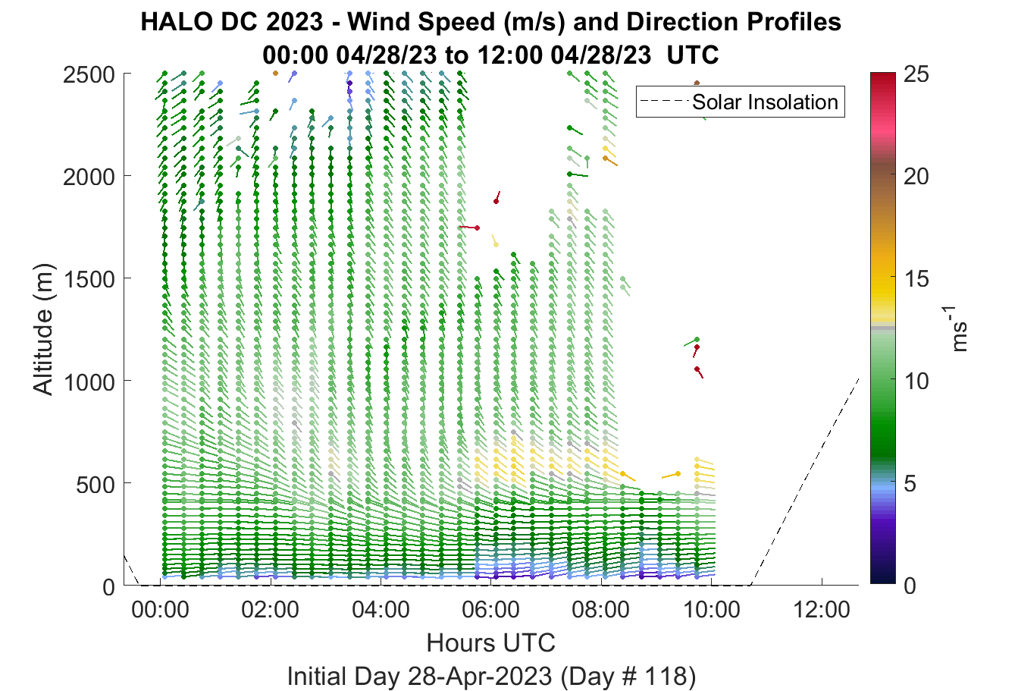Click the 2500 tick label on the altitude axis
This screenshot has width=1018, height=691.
click(x=89, y=75)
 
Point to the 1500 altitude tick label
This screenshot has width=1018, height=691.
click(x=89, y=279)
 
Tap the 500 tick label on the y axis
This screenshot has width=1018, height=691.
click(x=95, y=485)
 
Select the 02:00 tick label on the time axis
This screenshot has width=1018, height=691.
click(x=270, y=610)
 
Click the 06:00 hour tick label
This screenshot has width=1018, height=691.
click(x=491, y=610)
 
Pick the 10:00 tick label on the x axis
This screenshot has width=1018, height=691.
click(x=712, y=610)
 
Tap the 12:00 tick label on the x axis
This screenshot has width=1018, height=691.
click(x=822, y=610)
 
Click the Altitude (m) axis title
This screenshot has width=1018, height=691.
click(x=43, y=329)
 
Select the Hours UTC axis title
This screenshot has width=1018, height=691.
click(x=491, y=642)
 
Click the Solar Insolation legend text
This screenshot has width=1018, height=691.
click(x=765, y=102)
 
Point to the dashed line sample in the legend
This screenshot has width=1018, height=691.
click(x=664, y=102)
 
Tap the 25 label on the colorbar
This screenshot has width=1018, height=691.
click(x=916, y=74)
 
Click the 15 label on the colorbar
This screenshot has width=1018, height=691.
click(x=916, y=278)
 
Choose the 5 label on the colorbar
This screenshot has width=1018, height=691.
click(x=910, y=484)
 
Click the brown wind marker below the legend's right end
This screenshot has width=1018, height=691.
click(x=697, y=83)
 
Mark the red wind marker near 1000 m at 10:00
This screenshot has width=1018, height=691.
click(x=700, y=372)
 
